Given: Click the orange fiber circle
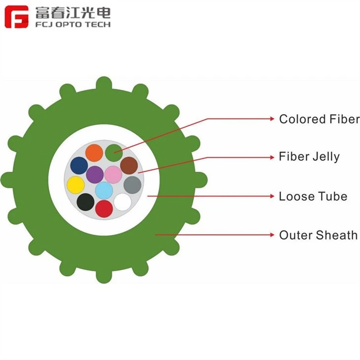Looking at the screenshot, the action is click(x=94, y=153).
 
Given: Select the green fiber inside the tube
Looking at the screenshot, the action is click(x=114, y=153).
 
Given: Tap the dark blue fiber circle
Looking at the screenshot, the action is click(x=79, y=166).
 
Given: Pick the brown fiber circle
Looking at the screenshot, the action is click(x=129, y=166).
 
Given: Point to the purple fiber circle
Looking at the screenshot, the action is click(x=95, y=175).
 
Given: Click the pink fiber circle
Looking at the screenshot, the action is click(x=113, y=175).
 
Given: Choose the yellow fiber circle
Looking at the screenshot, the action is click(x=75, y=185).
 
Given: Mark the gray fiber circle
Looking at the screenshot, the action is click(x=132, y=185).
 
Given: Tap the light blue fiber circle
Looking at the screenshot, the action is click(x=104, y=190).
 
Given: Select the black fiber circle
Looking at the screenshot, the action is click(x=85, y=202).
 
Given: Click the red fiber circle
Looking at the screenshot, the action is click(x=104, y=209).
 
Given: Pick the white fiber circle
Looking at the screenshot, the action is click(x=123, y=202).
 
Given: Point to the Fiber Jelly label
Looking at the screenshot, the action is click(x=309, y=157).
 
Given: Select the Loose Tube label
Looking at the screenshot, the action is click(x=313, y=196).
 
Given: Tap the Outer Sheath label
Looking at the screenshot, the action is click(x=318, y=235).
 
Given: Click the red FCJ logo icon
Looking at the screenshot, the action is click(x=17, y=17).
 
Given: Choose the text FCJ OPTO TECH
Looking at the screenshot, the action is click(x=73, y=24).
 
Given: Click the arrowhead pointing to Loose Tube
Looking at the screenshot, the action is click(x=272, y=196).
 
